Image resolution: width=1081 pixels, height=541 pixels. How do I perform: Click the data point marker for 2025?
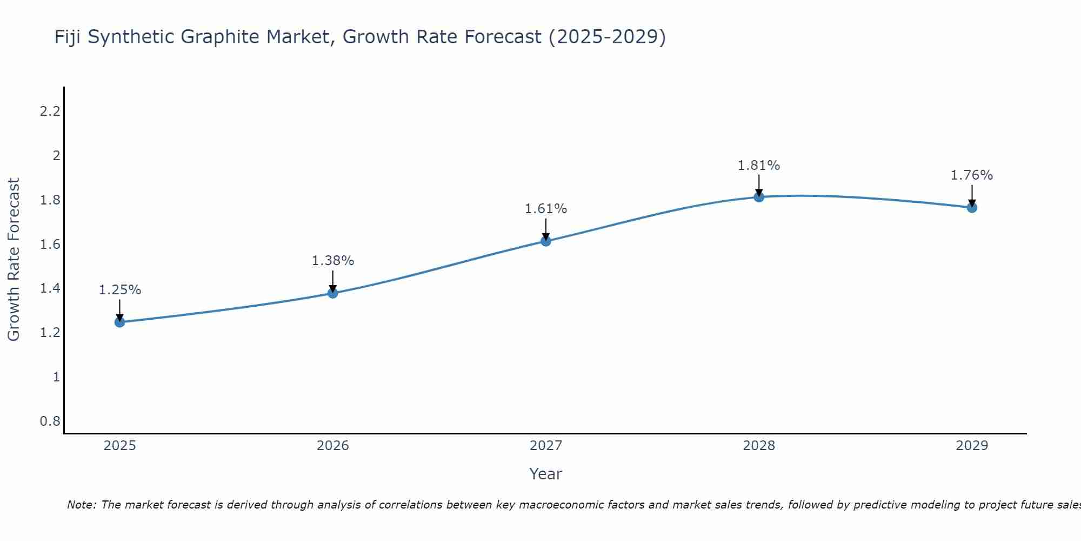point(120,322)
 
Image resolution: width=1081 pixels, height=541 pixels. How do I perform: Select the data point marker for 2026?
point(333,293)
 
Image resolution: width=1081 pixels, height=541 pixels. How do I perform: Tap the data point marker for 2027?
point(546,241)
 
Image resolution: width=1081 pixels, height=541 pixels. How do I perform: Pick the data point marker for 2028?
point(759,197)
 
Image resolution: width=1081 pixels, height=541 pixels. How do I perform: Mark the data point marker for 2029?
point(972,208)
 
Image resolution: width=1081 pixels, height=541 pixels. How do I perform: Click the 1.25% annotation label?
point(120,290)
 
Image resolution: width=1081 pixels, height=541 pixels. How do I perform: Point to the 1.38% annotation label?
point(333,261)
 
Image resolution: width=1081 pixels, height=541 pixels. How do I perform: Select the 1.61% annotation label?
point(546,209)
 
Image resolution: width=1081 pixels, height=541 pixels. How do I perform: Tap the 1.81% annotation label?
point(759,166)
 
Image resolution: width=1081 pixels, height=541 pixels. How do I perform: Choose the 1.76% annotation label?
point(972,175)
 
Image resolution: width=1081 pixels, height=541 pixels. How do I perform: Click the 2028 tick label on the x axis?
point(759,446)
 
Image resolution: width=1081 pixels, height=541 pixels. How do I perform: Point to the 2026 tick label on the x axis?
point(333,446)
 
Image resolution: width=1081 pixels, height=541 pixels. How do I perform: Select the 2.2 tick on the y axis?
point(50,112)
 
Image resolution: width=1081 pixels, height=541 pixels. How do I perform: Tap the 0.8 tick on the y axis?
point(50,421)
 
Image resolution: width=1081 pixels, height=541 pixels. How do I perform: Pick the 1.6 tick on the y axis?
point(50,245)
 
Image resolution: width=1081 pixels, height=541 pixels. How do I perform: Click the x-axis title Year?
point(546,474)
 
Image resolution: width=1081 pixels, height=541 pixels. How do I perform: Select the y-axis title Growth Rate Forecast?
point(14,260)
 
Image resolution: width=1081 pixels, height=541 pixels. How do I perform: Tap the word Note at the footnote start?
point(81,505)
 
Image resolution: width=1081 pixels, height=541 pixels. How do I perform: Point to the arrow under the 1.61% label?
point(546,229)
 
